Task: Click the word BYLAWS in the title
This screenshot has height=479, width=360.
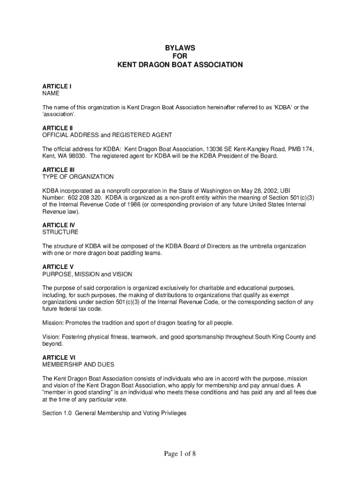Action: coord(180,48)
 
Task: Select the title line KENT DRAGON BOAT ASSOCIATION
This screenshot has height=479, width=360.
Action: coord(180,65)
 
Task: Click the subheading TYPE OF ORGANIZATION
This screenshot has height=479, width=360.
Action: coord(78,177)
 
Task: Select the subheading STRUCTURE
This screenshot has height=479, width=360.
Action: coord(60,232)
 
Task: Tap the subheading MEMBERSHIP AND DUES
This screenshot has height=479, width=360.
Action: coord(78,364)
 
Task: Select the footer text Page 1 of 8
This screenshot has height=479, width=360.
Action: coord(180,453)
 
